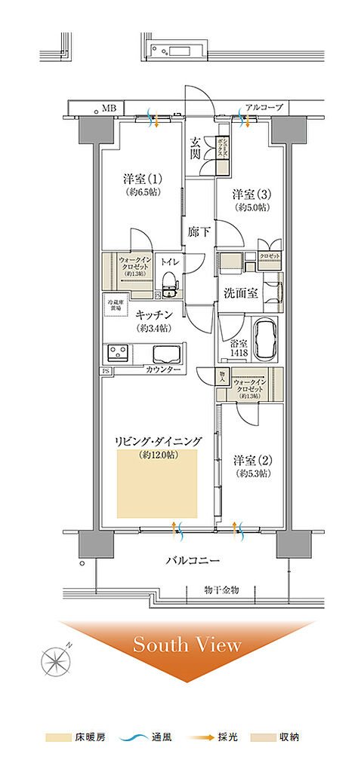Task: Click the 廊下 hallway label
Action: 199,234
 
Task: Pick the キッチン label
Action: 155,314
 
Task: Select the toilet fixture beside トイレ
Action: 169,283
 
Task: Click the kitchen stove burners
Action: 119,354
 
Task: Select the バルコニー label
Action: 193,561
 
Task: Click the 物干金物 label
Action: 221,590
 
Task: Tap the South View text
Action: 187,645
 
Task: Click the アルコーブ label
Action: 264,108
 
